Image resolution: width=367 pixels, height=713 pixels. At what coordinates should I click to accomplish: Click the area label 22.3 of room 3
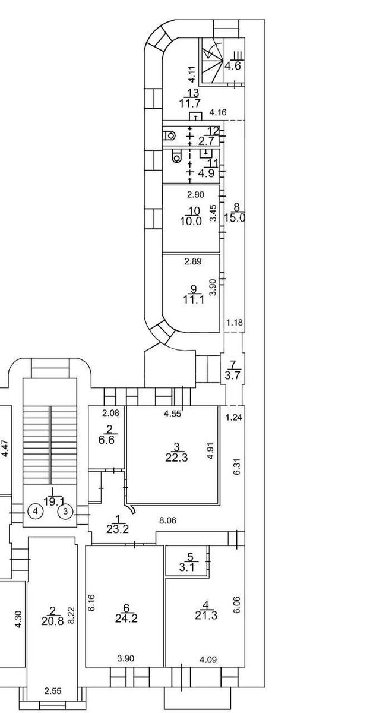[174, 457]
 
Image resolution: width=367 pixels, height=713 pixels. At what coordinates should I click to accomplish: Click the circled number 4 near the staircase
[36, 510]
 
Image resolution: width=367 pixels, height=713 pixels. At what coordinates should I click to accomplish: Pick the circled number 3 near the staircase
[67, 510]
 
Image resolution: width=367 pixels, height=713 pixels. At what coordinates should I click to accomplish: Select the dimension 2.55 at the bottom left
[52, 691]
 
